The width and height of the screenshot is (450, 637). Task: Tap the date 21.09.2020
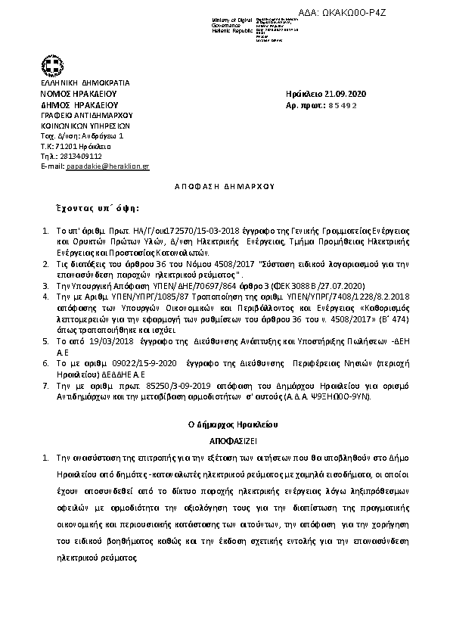tap(342, 93)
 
